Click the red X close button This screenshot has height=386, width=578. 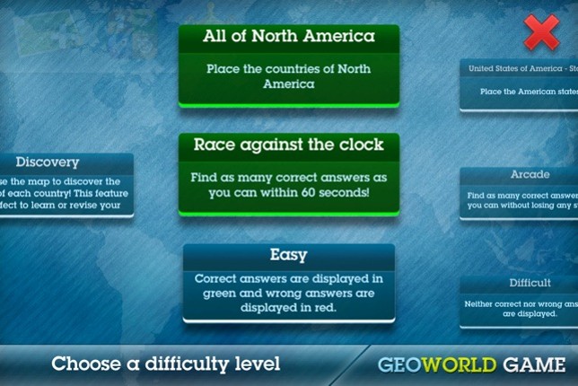pos(541,33)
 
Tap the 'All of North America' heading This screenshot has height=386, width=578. pos(288,38)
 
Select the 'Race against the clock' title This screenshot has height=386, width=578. pos(288,145)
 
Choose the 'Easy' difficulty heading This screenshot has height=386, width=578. pos(289,255)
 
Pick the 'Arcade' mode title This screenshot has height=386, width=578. pos(530,174)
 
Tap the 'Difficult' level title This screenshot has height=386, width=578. pos(530,283)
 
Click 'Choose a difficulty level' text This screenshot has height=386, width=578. pos(165,364)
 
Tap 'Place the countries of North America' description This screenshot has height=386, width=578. pos(288,75)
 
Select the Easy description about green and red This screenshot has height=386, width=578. pos(288,293)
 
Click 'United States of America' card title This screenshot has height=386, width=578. pos(521,68)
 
